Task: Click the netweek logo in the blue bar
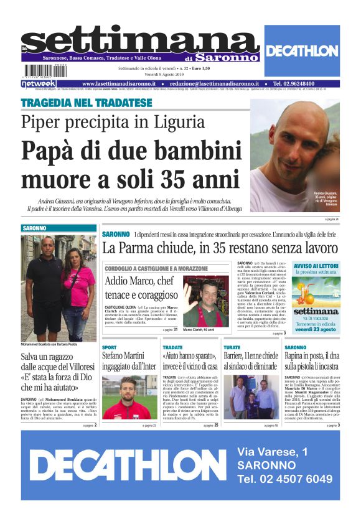39,84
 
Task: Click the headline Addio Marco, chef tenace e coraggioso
139,288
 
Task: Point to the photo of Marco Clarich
206,302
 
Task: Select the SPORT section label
109,347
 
